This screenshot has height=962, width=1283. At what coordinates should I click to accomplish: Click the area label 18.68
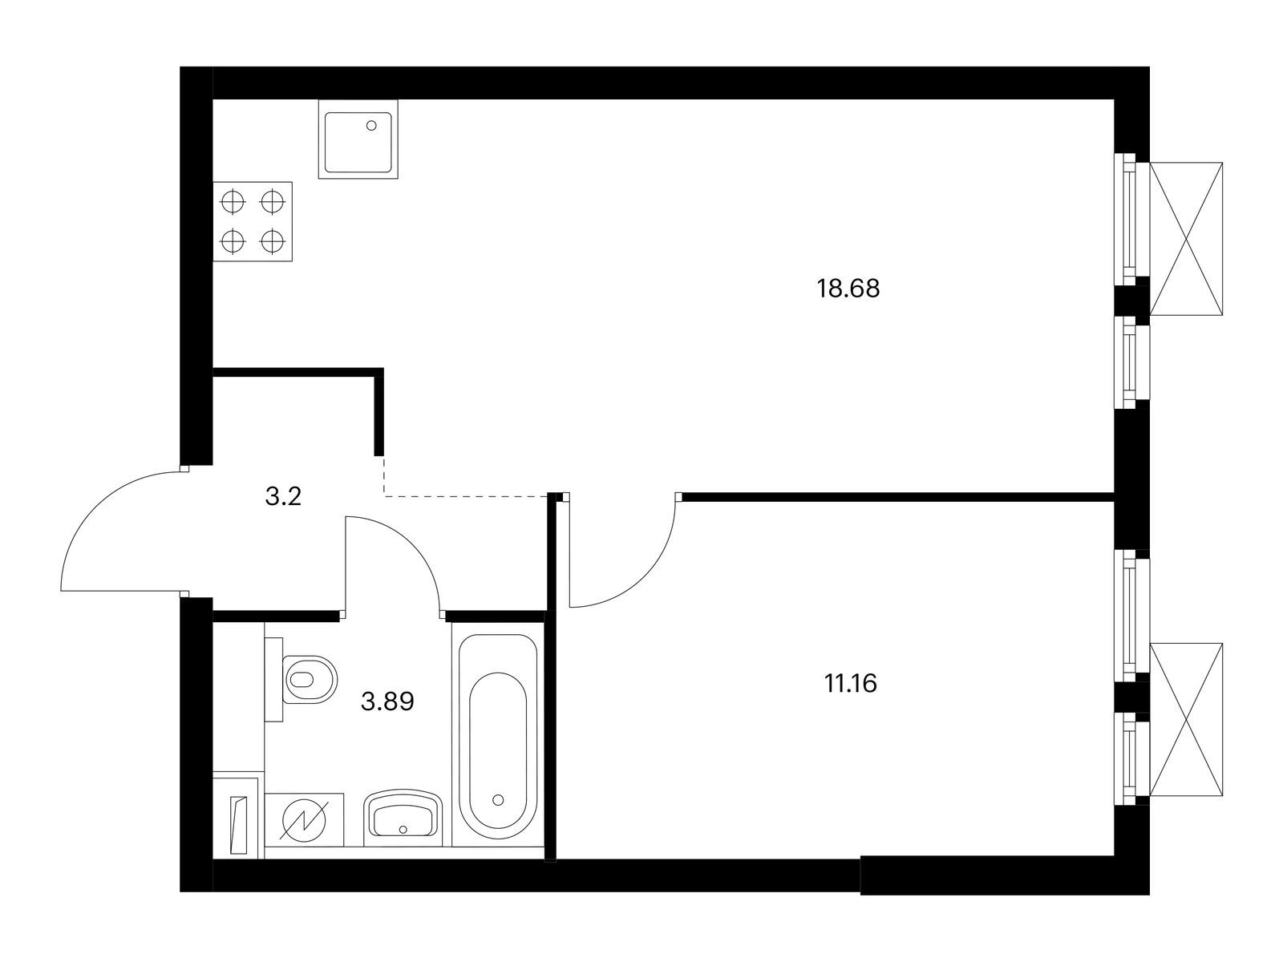[x=848, y=289]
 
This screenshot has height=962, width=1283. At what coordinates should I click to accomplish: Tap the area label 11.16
[x=851, y=683]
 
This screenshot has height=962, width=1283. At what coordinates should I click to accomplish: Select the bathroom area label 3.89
[x=387, y=701]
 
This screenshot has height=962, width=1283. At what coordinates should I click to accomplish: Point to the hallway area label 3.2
[x=283, y=497]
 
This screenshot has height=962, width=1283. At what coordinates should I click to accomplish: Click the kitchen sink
[x=358, y=139]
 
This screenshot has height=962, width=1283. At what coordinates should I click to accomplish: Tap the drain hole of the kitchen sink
[x=371, y=125]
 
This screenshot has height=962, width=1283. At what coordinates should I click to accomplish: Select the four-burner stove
[x=253, y=221]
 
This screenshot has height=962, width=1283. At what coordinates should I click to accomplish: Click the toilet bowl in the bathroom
[x=310, y=679]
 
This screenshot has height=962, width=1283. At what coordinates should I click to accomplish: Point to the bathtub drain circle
[x=498, y=799]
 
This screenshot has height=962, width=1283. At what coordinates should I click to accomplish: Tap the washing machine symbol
[x=304, y=819]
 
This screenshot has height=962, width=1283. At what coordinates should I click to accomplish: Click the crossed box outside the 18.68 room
[x=1186, y=239]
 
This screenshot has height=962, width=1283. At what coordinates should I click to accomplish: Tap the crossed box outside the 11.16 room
[x=1186, y=720]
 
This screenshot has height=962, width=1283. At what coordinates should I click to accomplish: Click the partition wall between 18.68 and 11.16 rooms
[x=898, y=497]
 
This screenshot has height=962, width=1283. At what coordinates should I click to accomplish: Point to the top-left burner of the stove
[x=233, y=202]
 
